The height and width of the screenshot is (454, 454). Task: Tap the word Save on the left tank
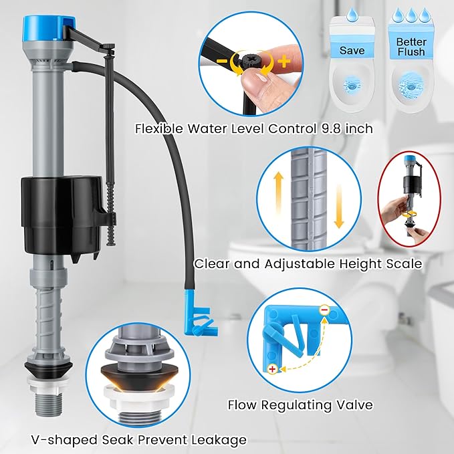[352, 50]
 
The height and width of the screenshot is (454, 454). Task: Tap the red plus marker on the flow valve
[272, 368]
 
